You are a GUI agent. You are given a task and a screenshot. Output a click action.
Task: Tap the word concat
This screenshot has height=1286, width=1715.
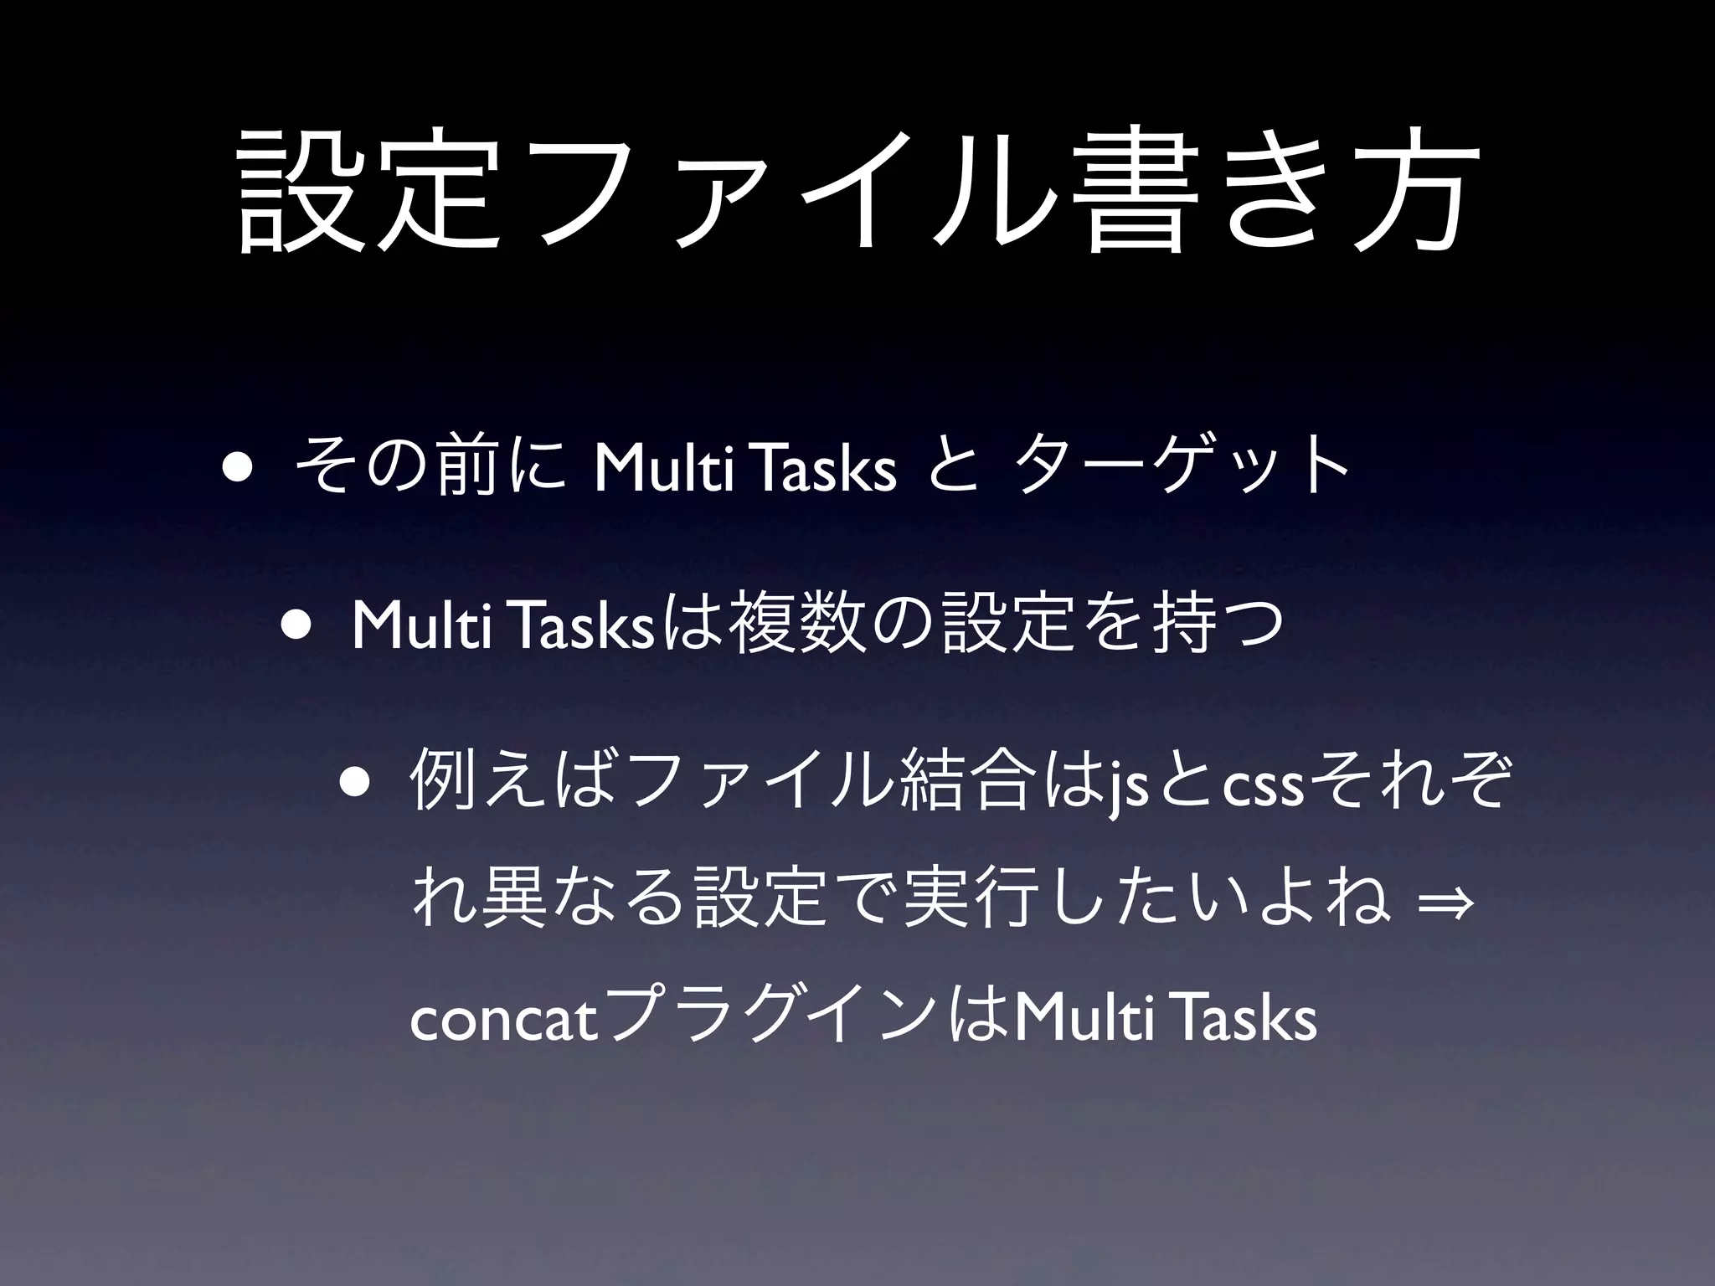[x=506, y=1021]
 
